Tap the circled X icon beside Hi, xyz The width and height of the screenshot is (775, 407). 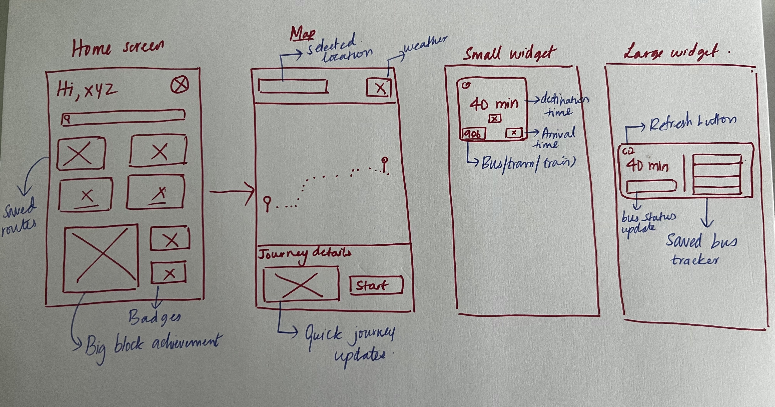[180, 85]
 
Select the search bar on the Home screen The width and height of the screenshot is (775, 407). [123, 118]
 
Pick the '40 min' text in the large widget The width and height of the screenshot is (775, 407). [647, 166]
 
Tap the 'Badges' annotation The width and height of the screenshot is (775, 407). [155, 318]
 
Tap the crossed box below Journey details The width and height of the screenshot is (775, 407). [301, 284]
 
